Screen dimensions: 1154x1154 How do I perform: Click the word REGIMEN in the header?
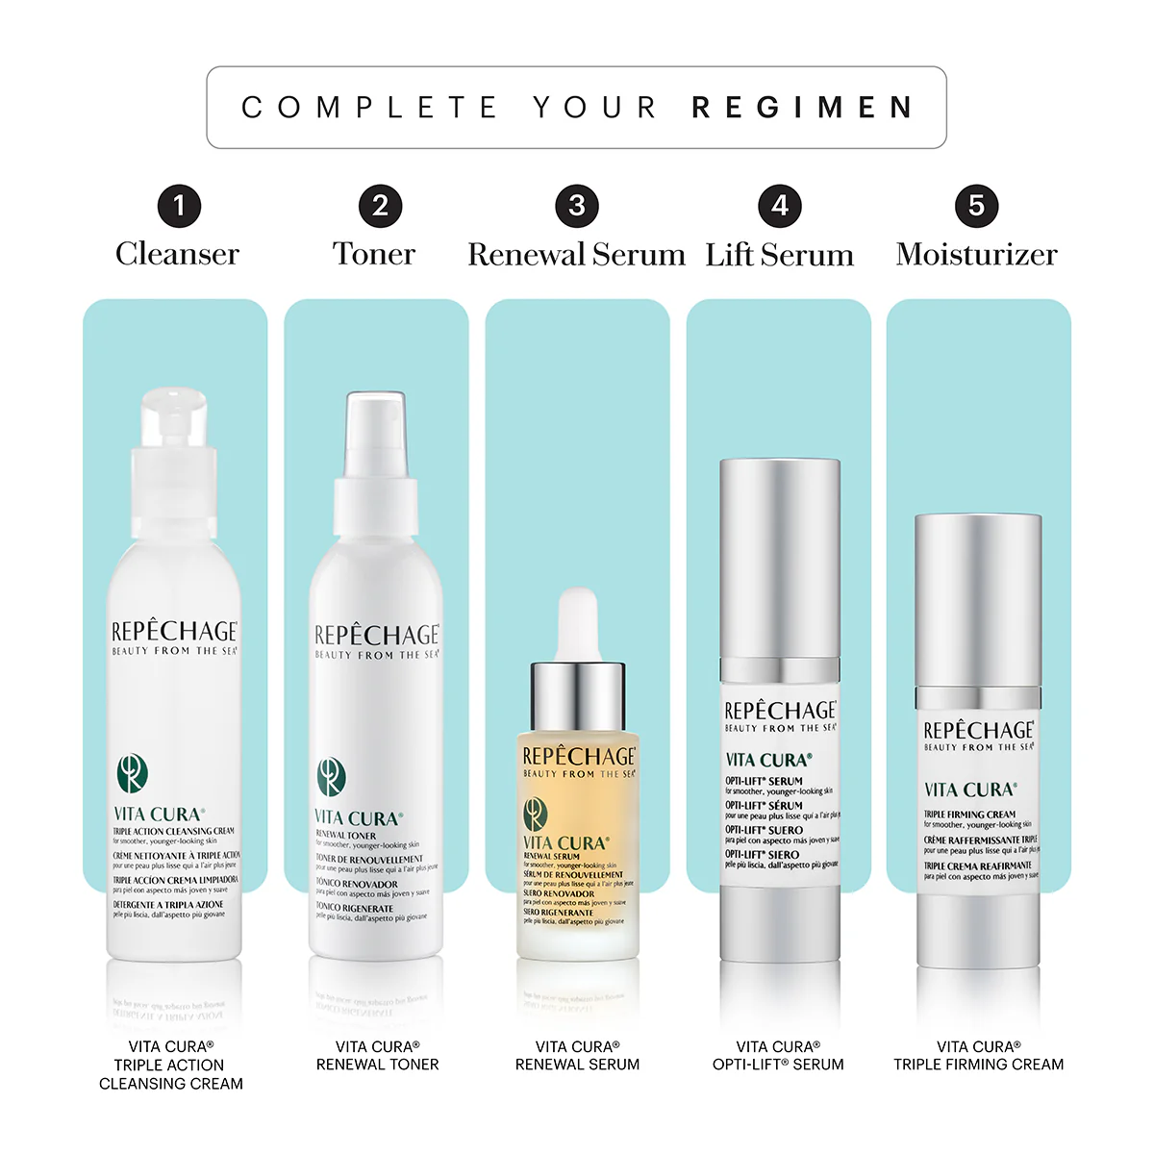click(802, 107)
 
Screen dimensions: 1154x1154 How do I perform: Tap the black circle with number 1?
click(179, 206)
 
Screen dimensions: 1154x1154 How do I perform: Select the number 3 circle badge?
click(577, 206)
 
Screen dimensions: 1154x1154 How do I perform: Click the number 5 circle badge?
click(976, 206)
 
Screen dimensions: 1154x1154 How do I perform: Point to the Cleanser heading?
click(177, 254)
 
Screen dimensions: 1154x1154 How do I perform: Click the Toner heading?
click(374, 254)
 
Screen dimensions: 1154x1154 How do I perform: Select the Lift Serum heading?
click(779, 255)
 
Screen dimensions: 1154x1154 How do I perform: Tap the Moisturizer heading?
click(976, 255)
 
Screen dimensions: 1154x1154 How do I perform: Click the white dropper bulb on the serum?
click(578, 623)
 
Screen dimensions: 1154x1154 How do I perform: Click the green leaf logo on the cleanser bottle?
click(132, 773)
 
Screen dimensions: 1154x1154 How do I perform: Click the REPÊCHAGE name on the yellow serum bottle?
click(579, 757)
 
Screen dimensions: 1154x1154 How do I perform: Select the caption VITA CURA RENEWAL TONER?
click(377, 1055)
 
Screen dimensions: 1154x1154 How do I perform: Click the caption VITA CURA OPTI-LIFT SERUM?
click(778, 1055)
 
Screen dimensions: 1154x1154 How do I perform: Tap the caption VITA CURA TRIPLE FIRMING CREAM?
click(978, 1055)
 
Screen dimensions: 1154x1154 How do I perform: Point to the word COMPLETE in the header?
click(369, 107)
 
